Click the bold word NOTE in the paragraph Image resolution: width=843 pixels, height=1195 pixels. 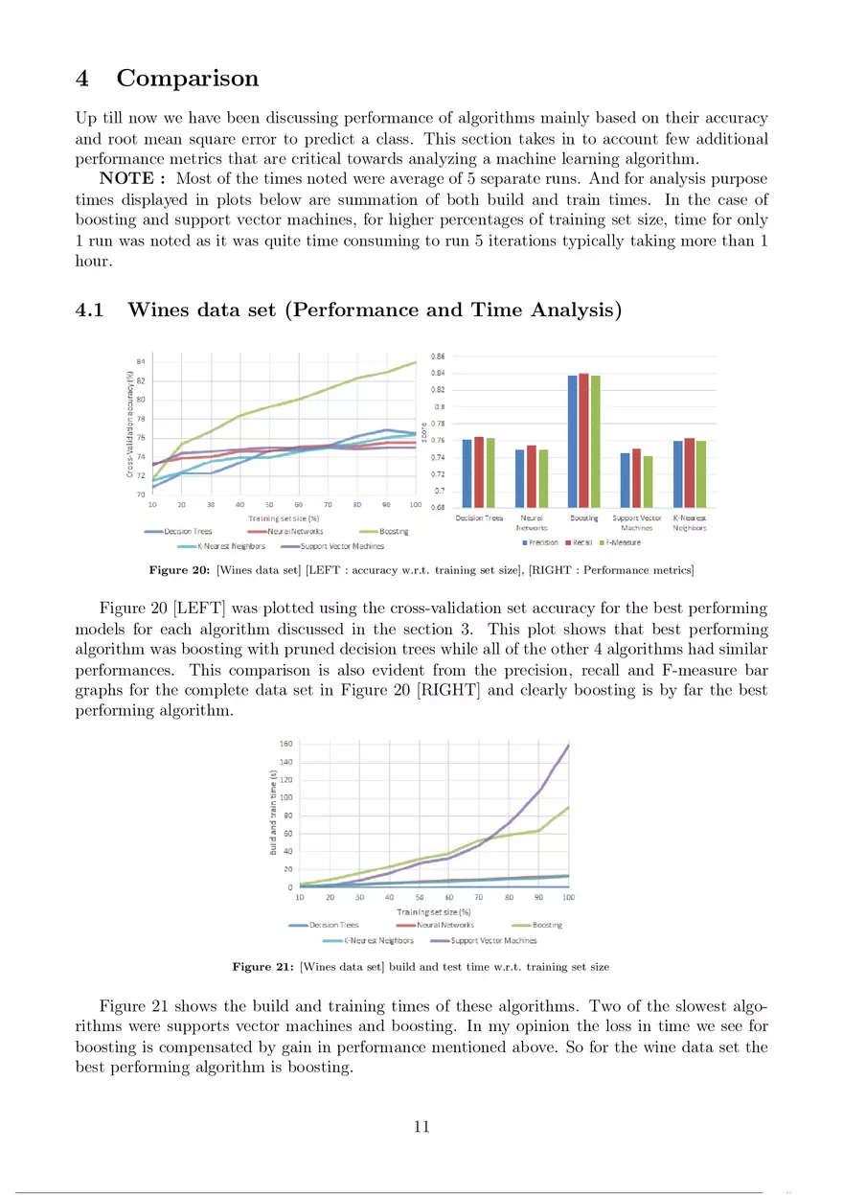point(128,179)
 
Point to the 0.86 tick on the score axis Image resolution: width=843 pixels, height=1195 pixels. point(437,356)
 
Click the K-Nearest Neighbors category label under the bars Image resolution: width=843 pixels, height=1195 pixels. point(690,522)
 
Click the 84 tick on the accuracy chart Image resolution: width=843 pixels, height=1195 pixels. point(141,361)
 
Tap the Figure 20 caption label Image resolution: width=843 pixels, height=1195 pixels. point(180,571)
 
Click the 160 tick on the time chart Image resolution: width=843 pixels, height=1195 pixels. point(286,744)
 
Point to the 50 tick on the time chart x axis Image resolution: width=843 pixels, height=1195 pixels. point(419,897)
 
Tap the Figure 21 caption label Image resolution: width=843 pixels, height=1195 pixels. point(263,967)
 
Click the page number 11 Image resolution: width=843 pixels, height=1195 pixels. point(421,1126)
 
